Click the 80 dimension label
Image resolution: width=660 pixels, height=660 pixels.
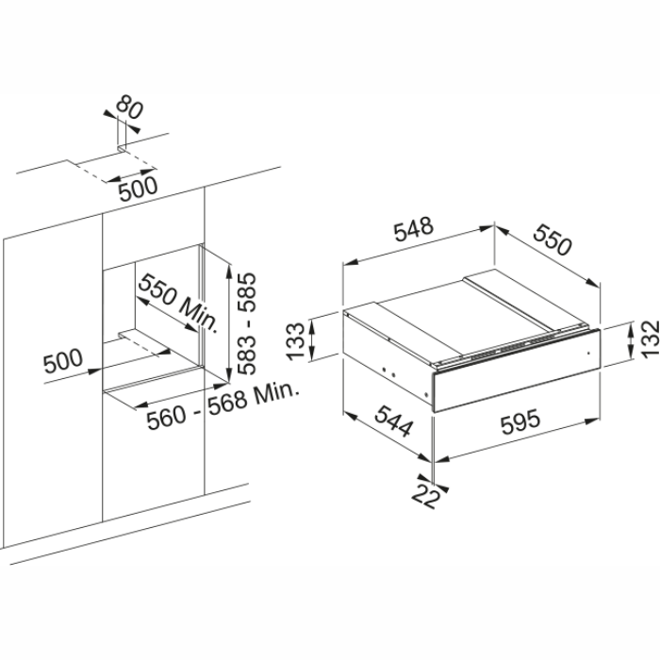click(130, 109)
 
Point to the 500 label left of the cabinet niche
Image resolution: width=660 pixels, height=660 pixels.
click(63, 360)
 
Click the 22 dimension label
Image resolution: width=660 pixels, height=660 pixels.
click(429, 495)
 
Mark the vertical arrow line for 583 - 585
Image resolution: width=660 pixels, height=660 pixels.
click(229, 321)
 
